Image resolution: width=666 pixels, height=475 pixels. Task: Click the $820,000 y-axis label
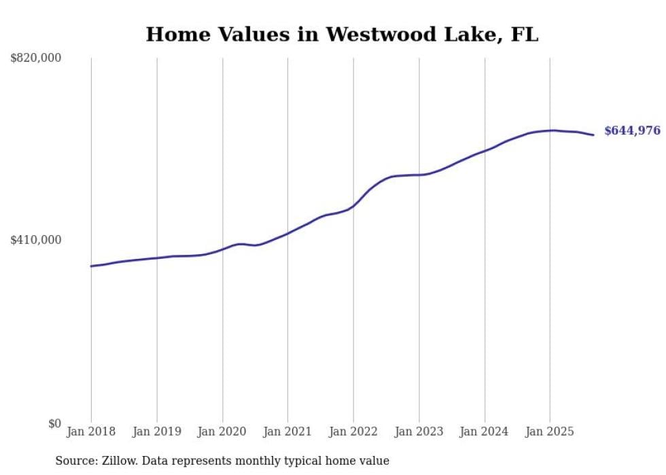36,58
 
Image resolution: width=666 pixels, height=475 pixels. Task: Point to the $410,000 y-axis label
36,240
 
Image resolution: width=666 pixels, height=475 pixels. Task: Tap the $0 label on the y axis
54,423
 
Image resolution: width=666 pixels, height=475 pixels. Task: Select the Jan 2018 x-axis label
91,432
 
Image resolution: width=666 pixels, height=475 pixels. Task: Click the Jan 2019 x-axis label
157,432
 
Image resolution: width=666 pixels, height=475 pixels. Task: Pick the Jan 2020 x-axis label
222,432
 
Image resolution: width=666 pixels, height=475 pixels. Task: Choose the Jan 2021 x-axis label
287,432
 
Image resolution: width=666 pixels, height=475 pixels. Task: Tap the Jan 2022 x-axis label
353,432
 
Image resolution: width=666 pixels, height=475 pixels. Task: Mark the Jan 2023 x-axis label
419,432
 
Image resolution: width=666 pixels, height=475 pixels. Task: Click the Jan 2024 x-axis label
485,432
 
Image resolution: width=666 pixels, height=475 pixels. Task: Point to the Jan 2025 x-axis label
550,432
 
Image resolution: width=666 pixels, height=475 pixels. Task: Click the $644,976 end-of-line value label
632,130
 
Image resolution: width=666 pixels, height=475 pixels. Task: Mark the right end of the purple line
593,135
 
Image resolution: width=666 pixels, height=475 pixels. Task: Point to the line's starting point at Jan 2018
91,266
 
